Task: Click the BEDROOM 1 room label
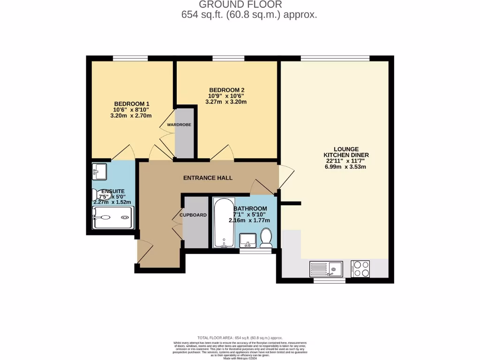(x=133, y=104)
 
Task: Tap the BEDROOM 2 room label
(x=226, y=90)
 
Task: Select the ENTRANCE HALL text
(x=208, y=178)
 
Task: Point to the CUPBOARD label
(x=195, y=215)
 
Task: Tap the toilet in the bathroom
(x=266, y=238)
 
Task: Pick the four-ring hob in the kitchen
(x=360, y=269)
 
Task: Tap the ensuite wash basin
(x=99, y=171)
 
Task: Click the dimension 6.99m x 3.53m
(x=346, y=167)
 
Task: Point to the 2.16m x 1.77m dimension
(x=249, y=220)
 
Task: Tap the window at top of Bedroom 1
(x=130, y=58)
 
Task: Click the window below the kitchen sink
(x=329, y=281)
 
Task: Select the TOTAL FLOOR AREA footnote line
(x=240, y=337)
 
